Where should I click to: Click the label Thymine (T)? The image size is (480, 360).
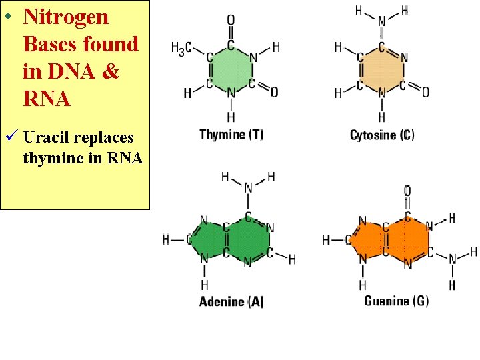tap(231, 135)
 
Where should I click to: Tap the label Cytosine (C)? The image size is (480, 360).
tap(382, 135)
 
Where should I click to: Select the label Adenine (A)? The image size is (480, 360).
tap(231, 301)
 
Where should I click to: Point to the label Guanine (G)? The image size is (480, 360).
tap(396, 301)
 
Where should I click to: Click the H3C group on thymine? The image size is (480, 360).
tap(182, 48)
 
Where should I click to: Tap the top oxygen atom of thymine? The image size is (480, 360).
tap(231, 19)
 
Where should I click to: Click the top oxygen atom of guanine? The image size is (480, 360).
tap(407, 191)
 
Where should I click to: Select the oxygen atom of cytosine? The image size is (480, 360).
tap(425, 91)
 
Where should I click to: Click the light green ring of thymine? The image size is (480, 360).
tap(231, 67)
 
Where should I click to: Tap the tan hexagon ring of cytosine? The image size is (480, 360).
tap(381, 67)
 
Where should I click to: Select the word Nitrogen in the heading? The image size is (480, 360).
tap(66, 17)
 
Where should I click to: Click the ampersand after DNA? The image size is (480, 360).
tap(111, 71)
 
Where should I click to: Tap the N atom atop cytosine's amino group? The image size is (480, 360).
tap(381, 22)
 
